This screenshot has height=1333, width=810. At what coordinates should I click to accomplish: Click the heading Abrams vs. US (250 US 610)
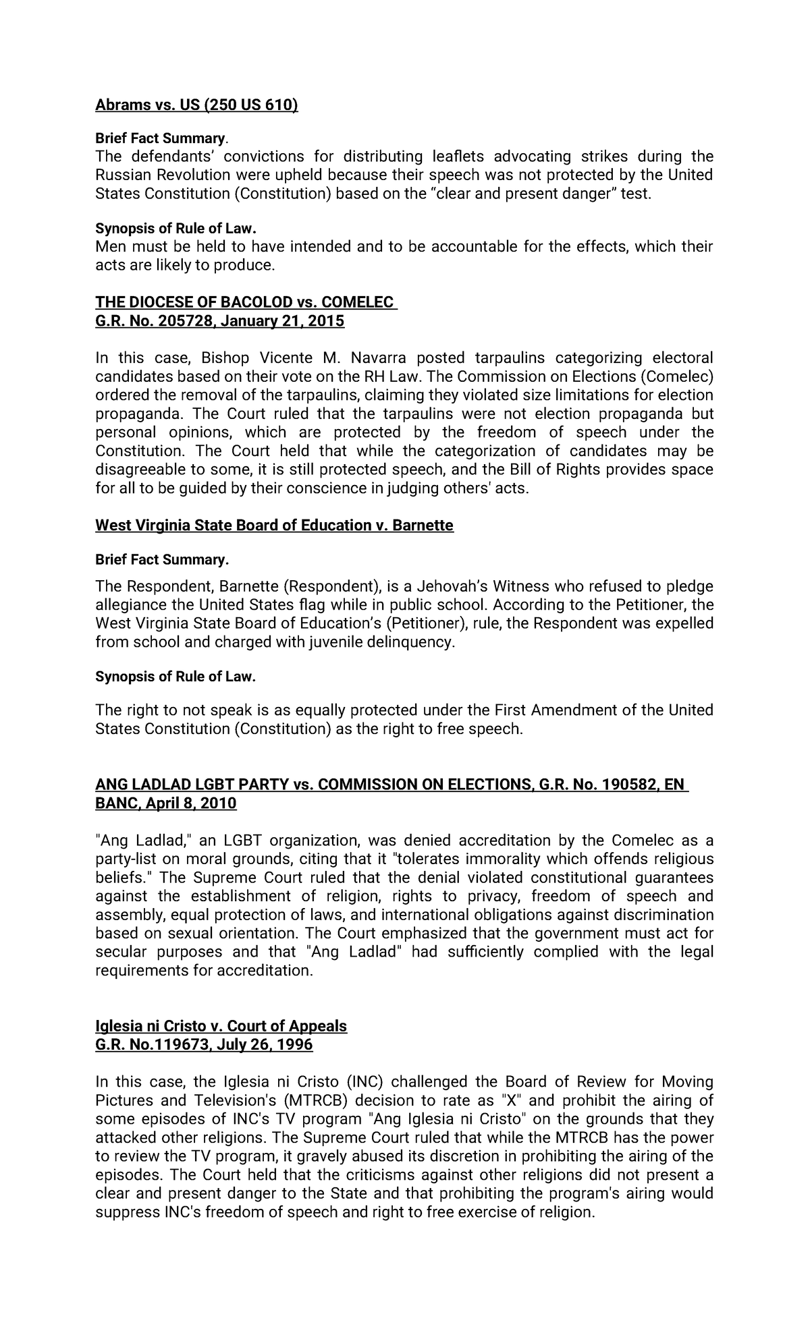(x=196, y=105)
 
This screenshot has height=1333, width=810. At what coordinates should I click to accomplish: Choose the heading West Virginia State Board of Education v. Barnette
(x=274, y=525)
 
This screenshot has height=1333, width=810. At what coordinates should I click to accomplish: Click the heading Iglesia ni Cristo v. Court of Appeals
(x=221, y=1026)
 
